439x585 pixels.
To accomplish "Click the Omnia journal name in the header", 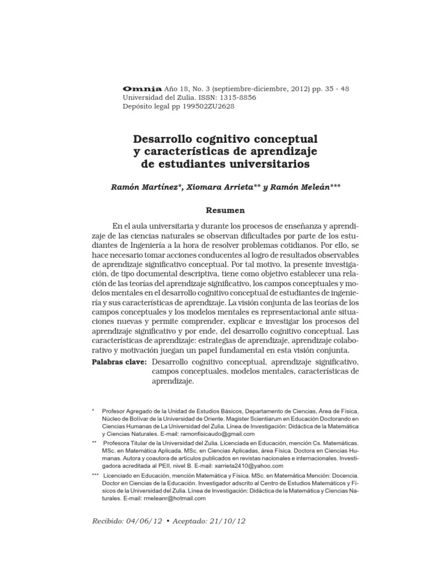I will pos(142,89).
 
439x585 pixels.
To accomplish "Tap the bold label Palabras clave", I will pos(119,362).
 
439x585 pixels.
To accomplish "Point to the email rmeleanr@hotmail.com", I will pos(166,498).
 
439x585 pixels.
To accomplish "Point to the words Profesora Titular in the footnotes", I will pos(129,443).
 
